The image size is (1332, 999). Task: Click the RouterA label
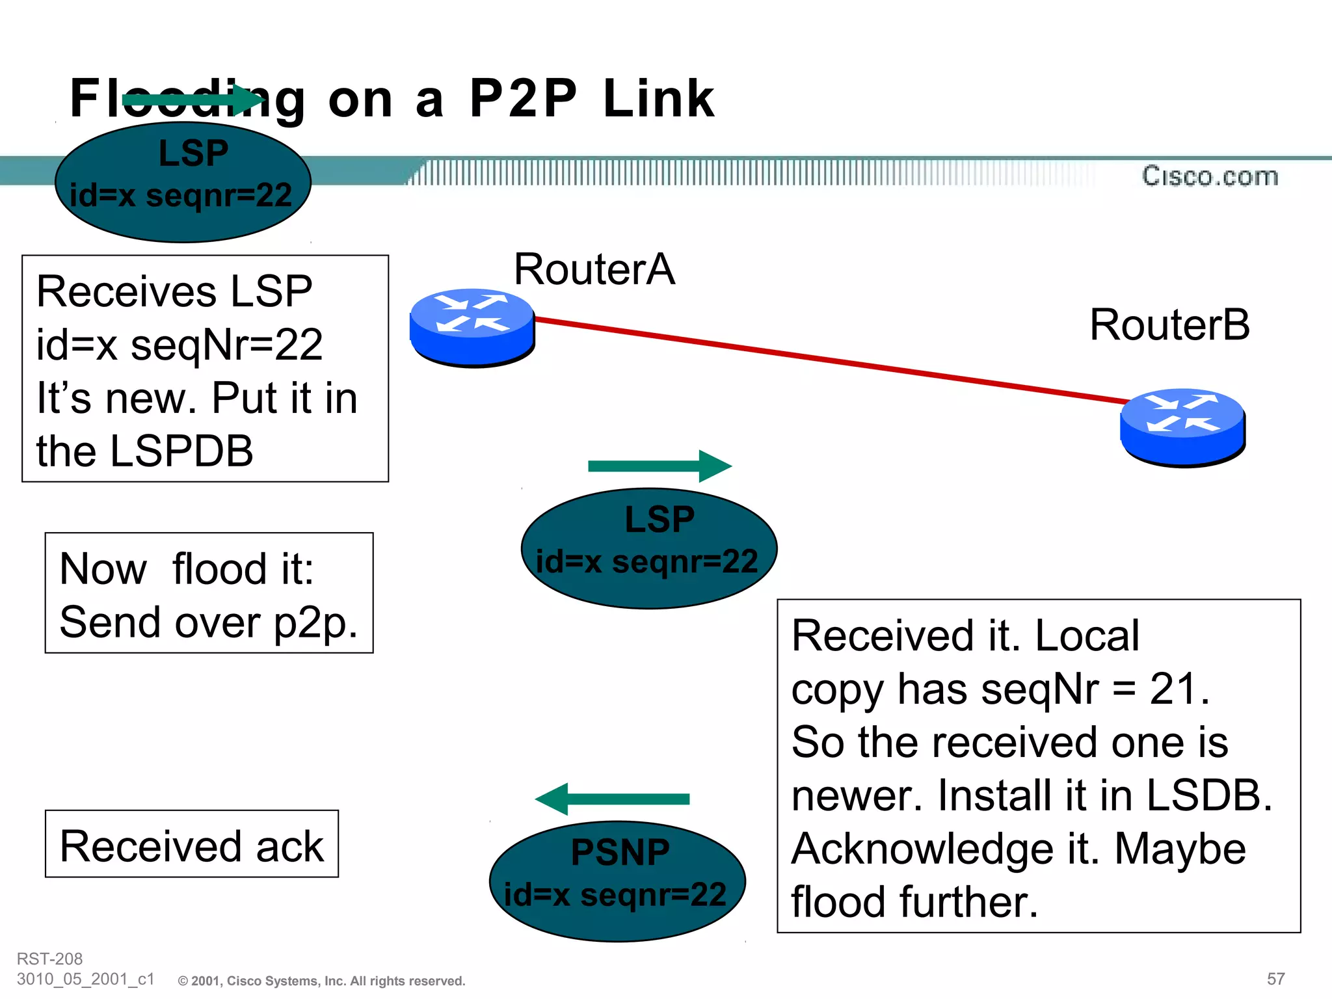pos(594,269)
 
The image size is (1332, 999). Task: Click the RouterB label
pos(1169,325)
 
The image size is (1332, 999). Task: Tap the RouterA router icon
pos(472,327)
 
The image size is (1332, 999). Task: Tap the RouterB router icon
pos(1182,427)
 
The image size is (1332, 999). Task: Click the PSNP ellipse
pos(617,881)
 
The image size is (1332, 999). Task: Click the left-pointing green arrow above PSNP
pos(611,799)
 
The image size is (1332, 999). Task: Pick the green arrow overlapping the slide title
pos(193,100)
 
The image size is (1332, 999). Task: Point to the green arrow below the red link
pos(659,466)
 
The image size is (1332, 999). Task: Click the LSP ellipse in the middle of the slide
pos(648,548)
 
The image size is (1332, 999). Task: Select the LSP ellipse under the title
pos(183,183)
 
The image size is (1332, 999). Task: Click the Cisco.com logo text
pos(1210,176)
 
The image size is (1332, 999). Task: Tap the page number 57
pos(1275,979)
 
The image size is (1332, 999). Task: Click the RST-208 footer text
pos(49,959)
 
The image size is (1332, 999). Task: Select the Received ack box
pos(192,844)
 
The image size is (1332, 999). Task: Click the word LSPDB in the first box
pos(181,451)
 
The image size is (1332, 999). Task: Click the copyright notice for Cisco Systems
pos(322,981)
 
